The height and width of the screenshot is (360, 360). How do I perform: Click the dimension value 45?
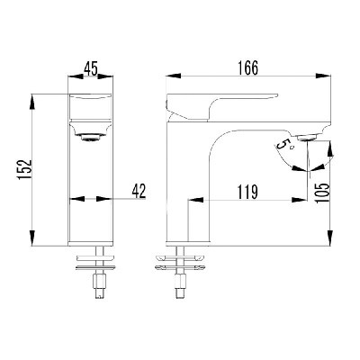(91, 69)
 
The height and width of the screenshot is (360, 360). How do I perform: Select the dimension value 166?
(247, 68)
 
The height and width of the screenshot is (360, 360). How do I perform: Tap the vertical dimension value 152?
(25, 169)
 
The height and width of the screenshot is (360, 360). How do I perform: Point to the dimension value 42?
(139, 191)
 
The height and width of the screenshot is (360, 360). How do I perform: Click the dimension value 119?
(247, 193)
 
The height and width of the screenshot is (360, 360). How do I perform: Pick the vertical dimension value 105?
(322, 193)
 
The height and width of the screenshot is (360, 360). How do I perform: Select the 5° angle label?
(283, 145)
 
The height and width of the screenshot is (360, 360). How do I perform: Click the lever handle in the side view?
(221, 106)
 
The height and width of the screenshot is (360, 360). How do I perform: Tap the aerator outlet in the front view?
(91, 138)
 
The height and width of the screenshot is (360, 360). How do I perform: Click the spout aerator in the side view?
(306, 138)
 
